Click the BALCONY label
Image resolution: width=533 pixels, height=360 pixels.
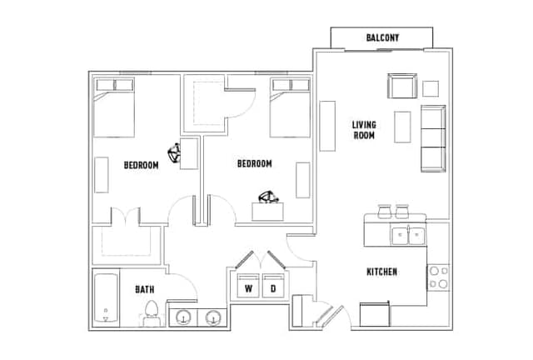coord(382,38)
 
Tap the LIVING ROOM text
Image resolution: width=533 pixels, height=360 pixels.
coord(364,130)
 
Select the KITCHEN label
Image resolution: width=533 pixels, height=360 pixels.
coord(381,272)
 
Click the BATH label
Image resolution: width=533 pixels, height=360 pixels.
coord(145,289)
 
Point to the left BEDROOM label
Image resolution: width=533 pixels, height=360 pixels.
coord(141,165)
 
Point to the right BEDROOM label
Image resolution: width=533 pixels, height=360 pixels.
coord(254,164)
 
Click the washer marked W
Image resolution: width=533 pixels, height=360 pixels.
coord(248,287)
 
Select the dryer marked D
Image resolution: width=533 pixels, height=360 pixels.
coord(272,287)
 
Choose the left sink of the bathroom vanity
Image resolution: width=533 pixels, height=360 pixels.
coord(184,317)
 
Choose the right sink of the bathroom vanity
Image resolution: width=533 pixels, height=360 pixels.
coord(214,317)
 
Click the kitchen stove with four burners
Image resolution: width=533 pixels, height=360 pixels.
coord(438,277)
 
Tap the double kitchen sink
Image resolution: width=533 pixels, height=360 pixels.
coord(408,235)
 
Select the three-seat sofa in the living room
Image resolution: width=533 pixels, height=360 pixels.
coord(433,137)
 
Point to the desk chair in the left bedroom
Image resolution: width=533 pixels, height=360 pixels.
coord(177,153)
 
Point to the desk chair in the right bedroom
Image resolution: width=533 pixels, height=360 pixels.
coord(268,197)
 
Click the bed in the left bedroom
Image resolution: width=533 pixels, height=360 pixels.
coord(114,107)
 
